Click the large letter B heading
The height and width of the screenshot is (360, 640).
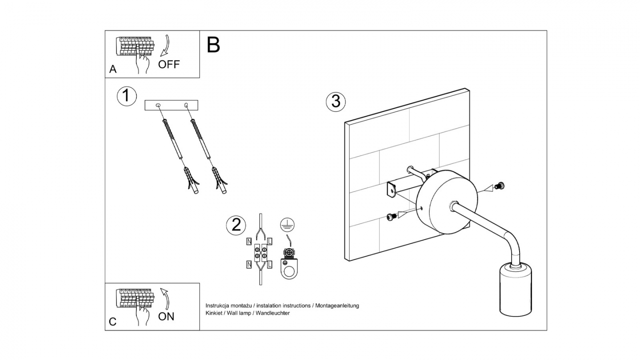click(213, 45)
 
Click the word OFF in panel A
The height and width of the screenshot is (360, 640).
click(169, 64)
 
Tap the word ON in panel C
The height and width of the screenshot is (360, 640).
click(166, 316)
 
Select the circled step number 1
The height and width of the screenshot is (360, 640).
click(127, 96)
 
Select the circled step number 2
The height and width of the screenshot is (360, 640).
click(236, 225)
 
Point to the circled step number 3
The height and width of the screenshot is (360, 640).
click(336, 101)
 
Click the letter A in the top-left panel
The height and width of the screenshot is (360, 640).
click(113, 69)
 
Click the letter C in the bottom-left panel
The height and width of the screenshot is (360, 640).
click(113, 322)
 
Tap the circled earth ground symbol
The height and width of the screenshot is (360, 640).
click(287, 225)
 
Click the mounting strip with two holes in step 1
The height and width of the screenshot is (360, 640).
click(172, 105)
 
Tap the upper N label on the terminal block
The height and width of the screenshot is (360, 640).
click(249, 241)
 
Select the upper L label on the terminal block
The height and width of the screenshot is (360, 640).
click(270, 241)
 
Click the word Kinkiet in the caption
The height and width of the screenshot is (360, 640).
click(214, 313)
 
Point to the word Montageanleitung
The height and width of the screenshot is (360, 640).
click(337, 306)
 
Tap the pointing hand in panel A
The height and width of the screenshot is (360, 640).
click(142, 63)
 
